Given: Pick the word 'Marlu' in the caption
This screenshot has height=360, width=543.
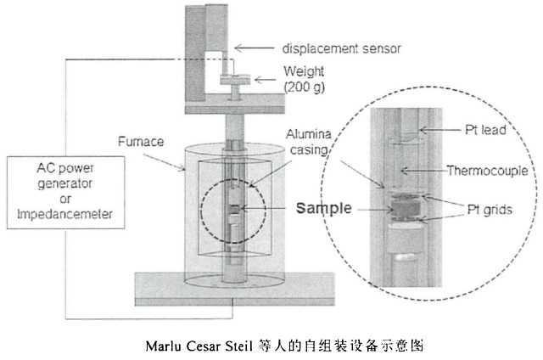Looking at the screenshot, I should [x=163, y=346].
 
